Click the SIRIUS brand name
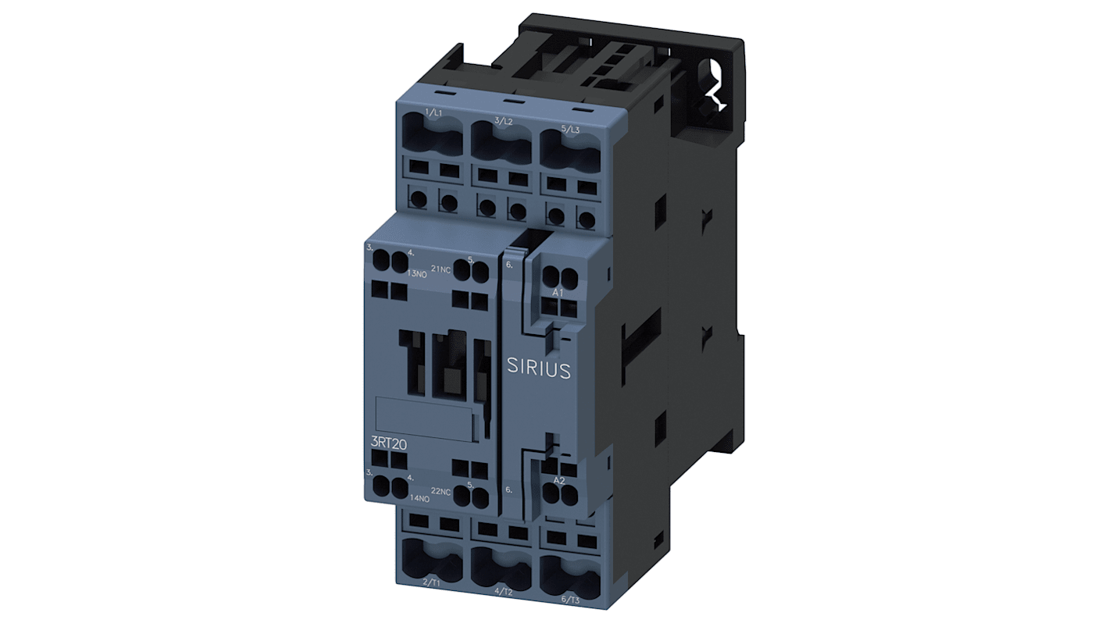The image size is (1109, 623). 538,368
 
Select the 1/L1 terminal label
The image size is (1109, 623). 433,114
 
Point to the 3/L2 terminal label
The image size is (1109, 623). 503,122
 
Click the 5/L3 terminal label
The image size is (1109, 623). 570,128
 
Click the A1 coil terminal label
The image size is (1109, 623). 558,292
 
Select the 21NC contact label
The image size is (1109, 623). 441,269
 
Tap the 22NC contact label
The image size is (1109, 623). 441,491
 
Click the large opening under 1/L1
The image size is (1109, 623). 433,141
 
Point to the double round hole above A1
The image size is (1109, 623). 559,275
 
